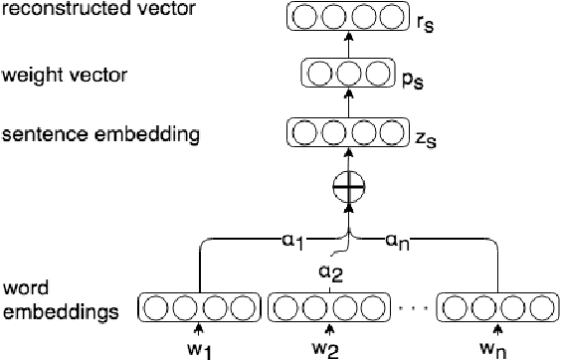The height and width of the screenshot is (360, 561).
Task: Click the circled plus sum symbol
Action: pos(347,187)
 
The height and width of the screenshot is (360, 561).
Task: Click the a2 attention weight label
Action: pos(330,272)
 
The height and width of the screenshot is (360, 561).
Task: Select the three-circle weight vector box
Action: pos(347,75)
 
